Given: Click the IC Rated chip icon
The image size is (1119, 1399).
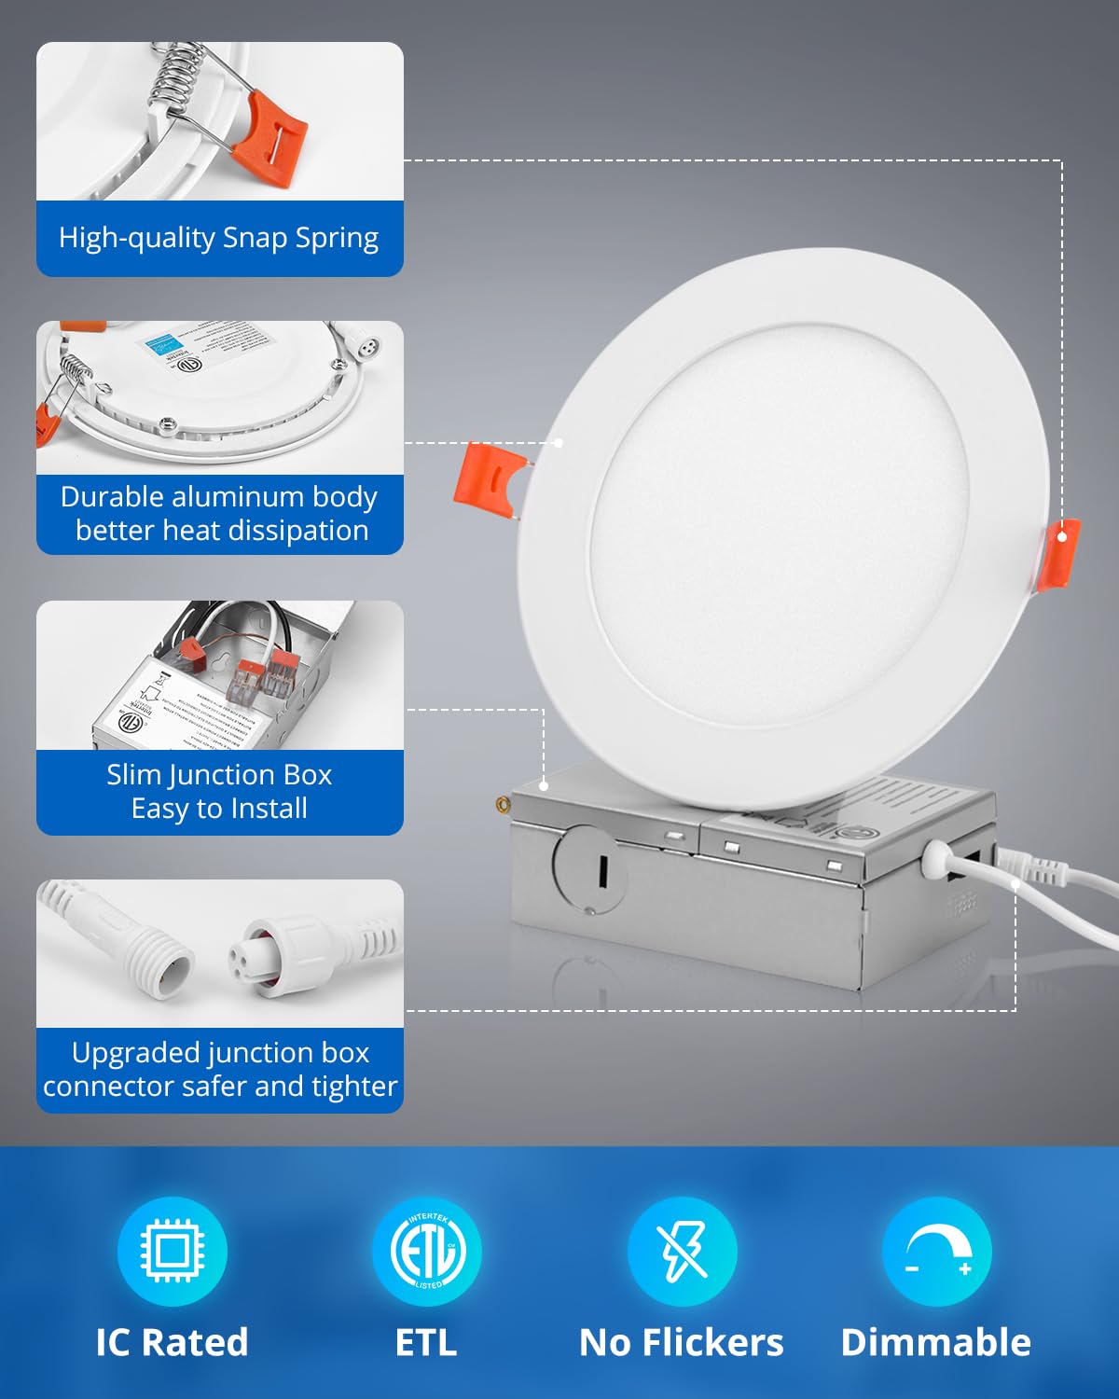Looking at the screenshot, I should pos(172,1251).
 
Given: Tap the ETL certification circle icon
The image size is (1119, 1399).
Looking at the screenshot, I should pos(427,1251).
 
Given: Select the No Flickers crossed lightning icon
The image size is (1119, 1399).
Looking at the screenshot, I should pos(682,1251).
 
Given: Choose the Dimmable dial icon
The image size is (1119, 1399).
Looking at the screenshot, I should pos(936,1251).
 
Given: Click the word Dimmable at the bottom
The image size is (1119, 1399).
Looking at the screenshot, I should pos(935,1342).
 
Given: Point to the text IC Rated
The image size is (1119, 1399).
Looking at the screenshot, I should pos(172,1342).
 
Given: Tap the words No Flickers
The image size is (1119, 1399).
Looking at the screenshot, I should pos(681,1342).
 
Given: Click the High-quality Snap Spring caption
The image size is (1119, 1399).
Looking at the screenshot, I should pos(219,238).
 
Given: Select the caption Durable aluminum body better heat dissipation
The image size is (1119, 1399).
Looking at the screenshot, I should pos(219,513).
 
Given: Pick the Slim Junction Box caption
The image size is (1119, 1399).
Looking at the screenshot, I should pos(219,791).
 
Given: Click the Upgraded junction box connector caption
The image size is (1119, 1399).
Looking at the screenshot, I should pos(219,1069).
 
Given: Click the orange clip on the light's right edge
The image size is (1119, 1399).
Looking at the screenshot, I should pos(1060,555).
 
